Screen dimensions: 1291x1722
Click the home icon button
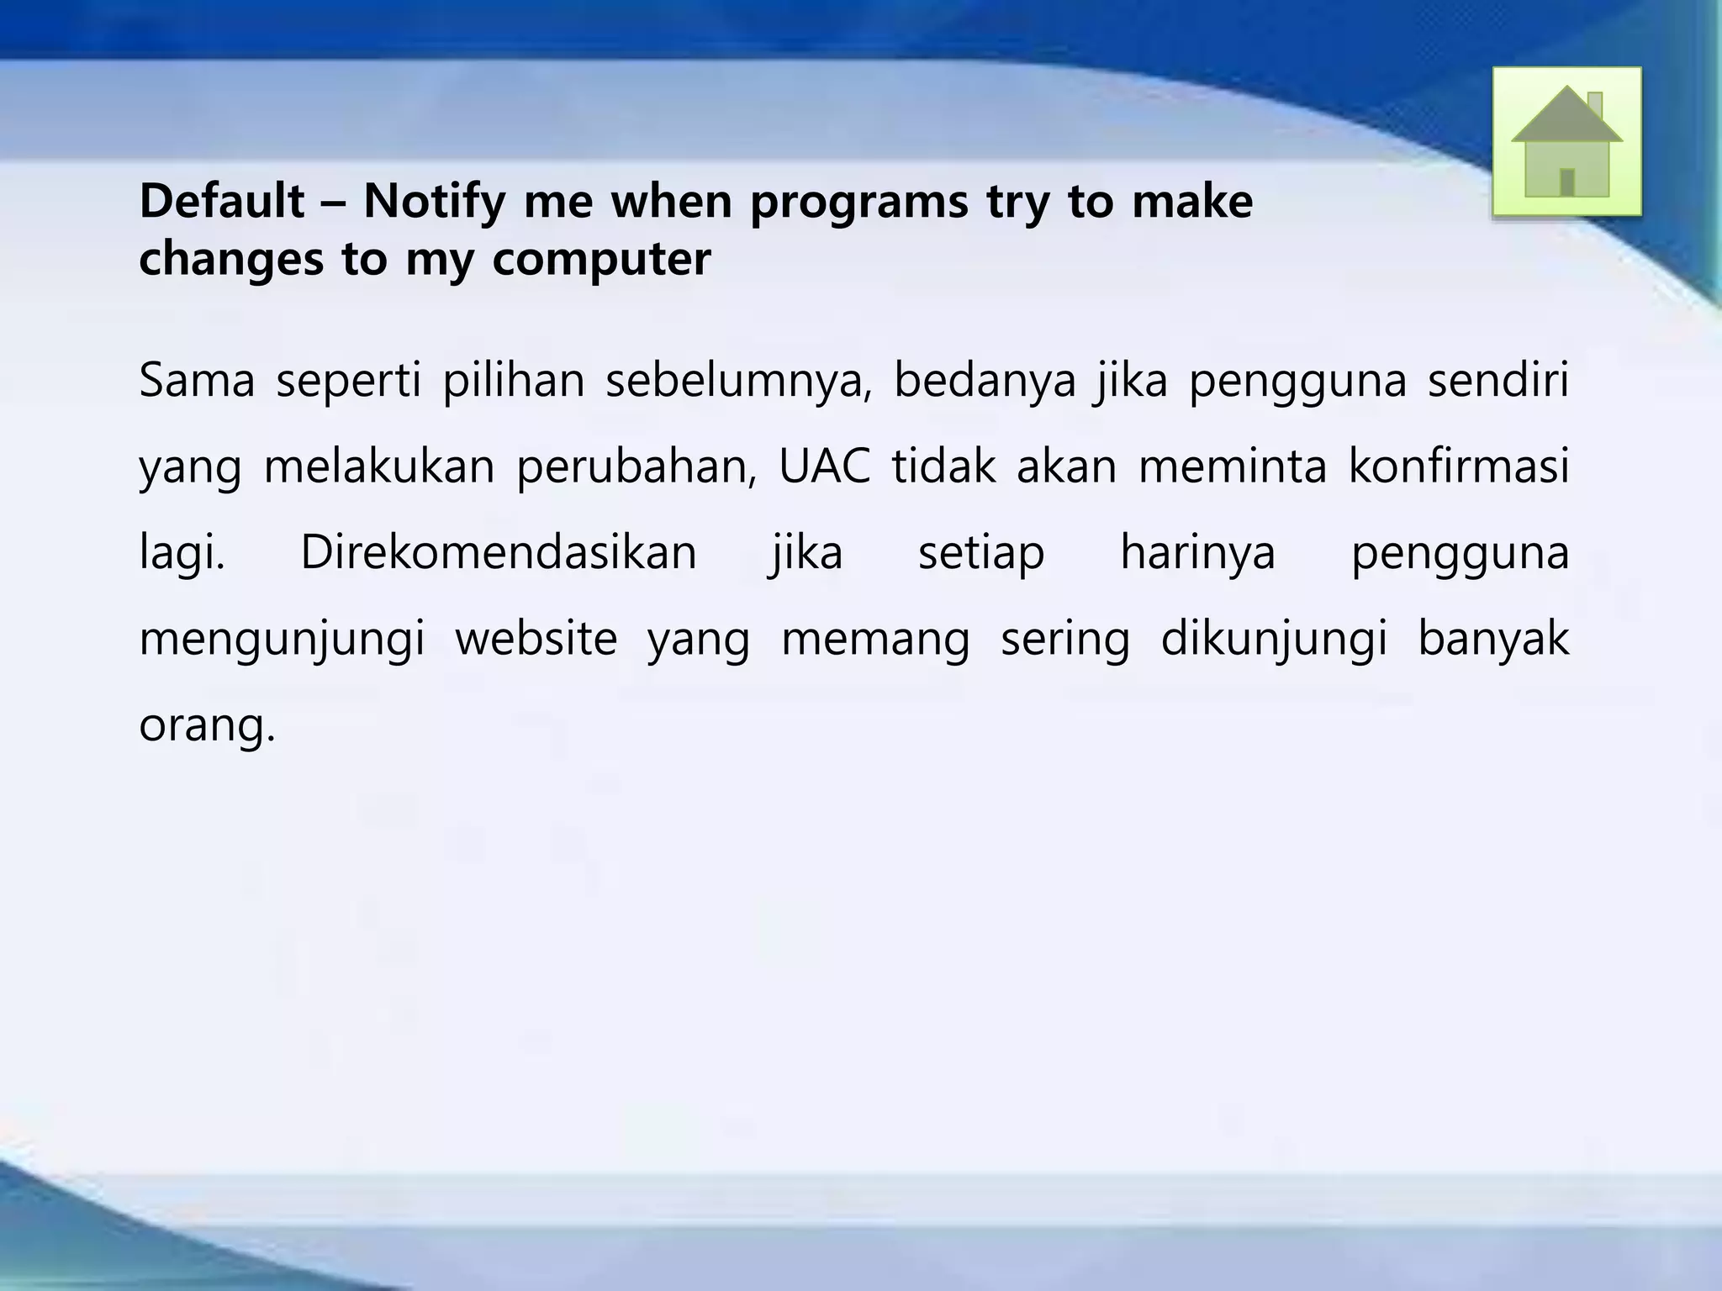[1566, 141]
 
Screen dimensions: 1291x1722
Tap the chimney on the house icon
[1594, 104]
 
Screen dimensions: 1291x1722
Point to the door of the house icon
[1566, 182]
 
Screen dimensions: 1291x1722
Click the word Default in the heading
[222, 202]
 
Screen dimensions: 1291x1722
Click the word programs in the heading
[858, 203]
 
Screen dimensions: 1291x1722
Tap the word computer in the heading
[601, 259]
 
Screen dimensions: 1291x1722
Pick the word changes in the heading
[230, 258]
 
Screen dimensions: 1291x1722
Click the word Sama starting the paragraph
[197, 379]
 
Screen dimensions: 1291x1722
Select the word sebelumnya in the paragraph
[739, 381]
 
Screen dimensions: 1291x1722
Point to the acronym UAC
[825, 466]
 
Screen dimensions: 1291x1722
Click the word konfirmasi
[1459, 466]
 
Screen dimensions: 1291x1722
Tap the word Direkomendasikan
[499, 553]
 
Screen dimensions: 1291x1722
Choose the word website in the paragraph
[536, 639]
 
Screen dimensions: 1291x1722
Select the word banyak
[1493, 639]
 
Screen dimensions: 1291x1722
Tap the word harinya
[1198, 553]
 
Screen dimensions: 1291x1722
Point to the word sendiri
[1498, 379]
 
